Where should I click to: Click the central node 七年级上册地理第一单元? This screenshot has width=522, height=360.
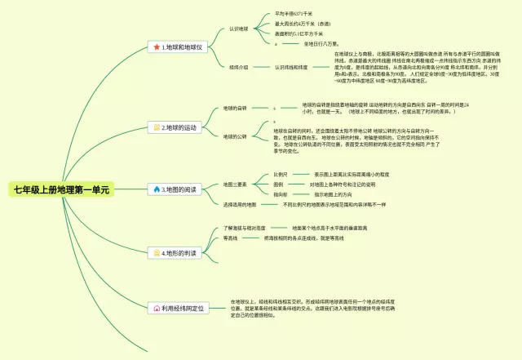click(x=61, y=190)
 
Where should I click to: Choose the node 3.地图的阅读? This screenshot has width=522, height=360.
click(x=179, y=189)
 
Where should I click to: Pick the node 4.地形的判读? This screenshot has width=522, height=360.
click(x=179, y=254)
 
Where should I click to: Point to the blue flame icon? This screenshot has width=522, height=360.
click(x=157, y=189)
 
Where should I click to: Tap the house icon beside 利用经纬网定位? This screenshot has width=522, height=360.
click(x=156, y=309)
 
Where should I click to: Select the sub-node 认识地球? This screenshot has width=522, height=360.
click(x=239, y=29)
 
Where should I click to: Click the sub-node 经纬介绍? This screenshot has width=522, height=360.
click(x=239, y=67)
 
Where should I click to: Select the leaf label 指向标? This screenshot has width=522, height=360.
click(x=281, y=194)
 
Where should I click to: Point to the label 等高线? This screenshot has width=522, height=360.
click(x=230, y=238)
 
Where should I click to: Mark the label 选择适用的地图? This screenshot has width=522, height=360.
click(x=240, y=204)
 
